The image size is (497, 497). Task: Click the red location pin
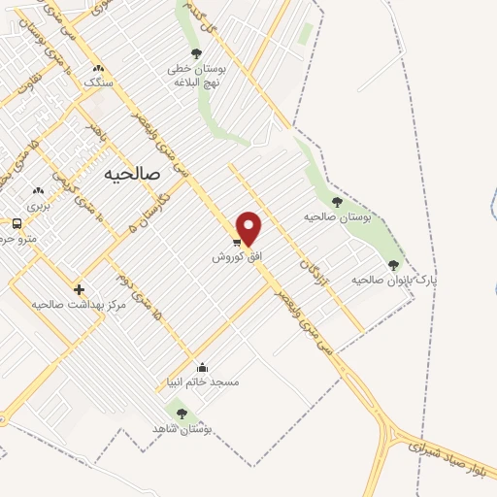(249, 228)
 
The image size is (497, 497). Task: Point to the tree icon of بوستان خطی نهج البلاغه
(197, 54)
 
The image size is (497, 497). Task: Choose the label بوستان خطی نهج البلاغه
(197, 76)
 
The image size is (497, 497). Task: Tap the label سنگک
(98, 83)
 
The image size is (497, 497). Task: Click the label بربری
(38, 206)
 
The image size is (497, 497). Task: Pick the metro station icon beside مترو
(17, 223)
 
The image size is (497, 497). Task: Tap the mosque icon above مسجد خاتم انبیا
(202, 367)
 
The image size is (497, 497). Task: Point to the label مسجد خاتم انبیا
(202, 382)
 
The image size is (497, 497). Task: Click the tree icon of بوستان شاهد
(182, 414)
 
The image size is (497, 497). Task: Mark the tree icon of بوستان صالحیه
(337, 202)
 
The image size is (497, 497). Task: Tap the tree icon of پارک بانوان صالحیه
(393, 264)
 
